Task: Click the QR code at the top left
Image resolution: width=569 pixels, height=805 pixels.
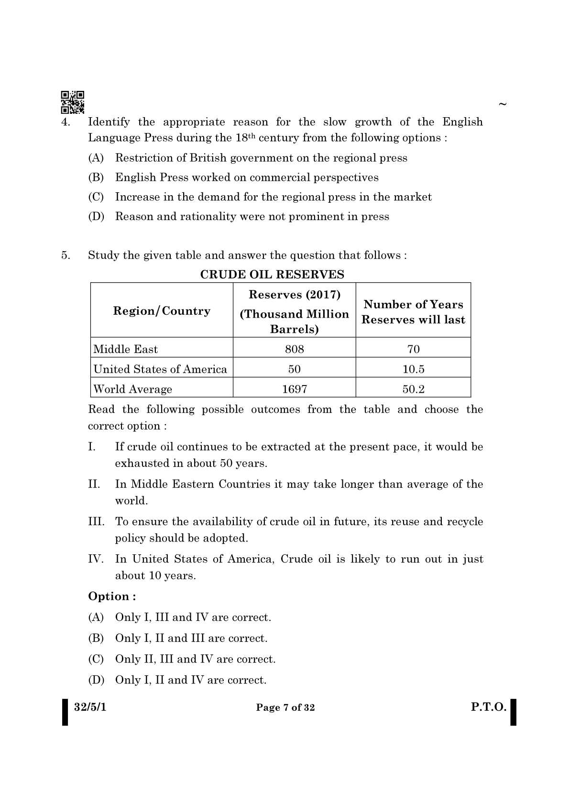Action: [73, 102]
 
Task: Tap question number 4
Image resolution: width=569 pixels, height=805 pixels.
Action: [66, 122]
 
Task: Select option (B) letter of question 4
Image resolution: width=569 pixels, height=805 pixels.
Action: [96, 177]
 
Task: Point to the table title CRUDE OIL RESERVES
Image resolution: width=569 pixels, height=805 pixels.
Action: [272, 275]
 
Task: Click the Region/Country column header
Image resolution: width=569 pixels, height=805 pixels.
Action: [162, 311]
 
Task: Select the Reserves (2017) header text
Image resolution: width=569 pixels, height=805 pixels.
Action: [295, 295]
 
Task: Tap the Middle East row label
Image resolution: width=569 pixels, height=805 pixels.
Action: [126, 349]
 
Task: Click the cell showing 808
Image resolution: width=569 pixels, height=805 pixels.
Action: [294, 349]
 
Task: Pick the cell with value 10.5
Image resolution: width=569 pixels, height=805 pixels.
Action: [413, 369]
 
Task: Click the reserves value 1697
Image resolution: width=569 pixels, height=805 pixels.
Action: [294, 389]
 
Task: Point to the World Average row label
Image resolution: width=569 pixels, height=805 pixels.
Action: [133, 389]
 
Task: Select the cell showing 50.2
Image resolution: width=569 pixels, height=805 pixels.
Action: [413, 389]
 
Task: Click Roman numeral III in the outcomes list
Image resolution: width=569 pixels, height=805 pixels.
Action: [96, 521]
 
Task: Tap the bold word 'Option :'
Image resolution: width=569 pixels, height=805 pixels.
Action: [112, 596]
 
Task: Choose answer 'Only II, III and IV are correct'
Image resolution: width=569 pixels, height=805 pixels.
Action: [195, 659]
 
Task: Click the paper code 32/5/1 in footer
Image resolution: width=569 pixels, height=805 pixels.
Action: [90, 707]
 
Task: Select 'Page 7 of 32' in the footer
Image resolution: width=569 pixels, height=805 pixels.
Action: [285, 708]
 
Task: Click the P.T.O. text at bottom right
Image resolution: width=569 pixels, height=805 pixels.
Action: [488, 707]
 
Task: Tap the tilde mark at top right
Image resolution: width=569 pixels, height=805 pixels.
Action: [502, 104]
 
